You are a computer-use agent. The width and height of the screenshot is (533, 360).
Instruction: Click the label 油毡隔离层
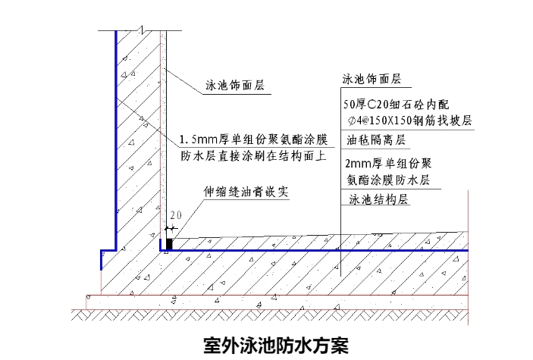(x=376, y=141)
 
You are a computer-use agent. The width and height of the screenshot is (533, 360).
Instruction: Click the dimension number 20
(x=177, y=216)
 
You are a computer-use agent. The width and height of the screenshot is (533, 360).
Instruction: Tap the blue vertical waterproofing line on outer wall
(x=115, y=136)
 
